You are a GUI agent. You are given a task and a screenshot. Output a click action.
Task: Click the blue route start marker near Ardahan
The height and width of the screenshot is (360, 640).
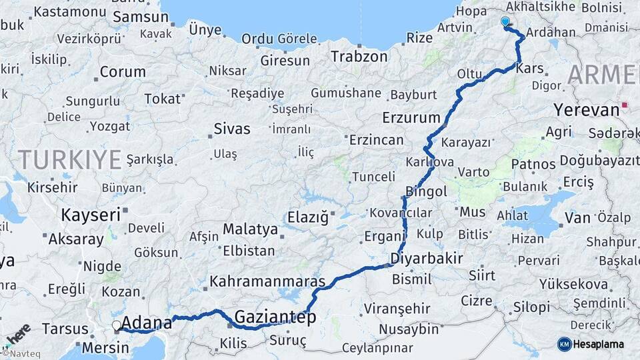coord(505,22)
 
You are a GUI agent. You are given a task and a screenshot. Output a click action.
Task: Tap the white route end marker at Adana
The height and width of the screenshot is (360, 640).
coord(117,325)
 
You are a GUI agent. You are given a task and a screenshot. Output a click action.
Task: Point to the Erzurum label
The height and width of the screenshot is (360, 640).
coord(411,118)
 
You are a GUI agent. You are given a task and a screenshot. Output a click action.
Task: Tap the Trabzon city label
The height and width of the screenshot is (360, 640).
coord(359,57)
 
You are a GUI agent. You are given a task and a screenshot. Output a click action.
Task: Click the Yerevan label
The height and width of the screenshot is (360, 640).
coord(587,109)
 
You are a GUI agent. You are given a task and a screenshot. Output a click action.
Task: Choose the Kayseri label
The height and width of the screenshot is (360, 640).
coord(91,215)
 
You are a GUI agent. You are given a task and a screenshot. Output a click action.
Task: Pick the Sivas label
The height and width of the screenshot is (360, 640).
coord(232,129)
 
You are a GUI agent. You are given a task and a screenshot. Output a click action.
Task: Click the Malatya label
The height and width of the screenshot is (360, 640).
coord(250,229)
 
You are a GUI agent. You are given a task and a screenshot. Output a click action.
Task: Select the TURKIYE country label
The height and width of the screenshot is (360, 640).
coord(69,159)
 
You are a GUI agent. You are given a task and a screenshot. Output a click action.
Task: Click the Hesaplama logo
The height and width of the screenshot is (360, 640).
coord(591,344)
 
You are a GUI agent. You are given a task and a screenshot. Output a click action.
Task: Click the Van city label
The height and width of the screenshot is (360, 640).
coord(577,217)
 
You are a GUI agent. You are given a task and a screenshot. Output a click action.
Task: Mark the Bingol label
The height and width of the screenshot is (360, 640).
coord(427,192)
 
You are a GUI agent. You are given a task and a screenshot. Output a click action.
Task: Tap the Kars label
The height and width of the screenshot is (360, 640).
coord(530,69)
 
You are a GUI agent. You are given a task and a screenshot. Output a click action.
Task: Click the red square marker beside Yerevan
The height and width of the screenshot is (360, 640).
coord(625,105)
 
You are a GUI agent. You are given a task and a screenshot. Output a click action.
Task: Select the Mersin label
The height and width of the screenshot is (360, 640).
coord(105,347)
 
